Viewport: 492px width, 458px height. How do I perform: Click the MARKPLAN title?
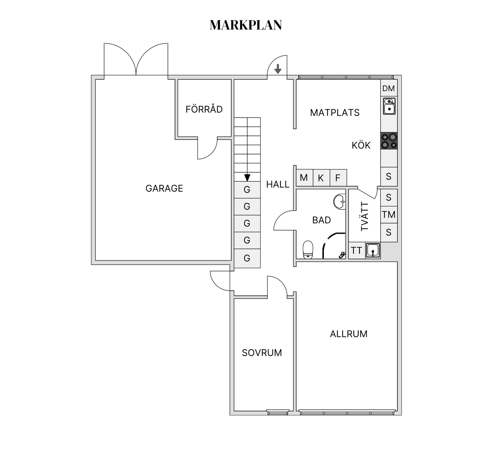click(x=246, y=25)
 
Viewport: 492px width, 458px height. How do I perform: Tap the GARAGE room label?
click(x=164, y=188)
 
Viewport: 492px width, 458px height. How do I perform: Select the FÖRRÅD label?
click(x=204, y=109)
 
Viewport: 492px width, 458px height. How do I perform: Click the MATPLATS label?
click(x=335, y=113)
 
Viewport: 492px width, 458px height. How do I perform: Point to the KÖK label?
click(x=361, y=146)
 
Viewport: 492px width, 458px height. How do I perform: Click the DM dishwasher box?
click(x=388, y=88)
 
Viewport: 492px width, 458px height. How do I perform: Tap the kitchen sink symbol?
click(x=389, y=106)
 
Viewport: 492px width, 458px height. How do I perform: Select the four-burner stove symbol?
click(x=389, y=141)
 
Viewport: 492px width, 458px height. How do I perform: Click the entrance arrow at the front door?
click(x=278, y=69)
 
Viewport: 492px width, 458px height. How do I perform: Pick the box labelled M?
click(x=304, y=178)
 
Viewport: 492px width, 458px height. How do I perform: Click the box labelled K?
click(x=321, y=178)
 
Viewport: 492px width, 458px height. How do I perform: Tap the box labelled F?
click(x=338, y=178)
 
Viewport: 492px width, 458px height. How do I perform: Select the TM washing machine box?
click(x=389, y=215)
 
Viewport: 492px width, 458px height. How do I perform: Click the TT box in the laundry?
click(x=356, y=250)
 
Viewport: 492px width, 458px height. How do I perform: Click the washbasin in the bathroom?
click(x=340, y=202)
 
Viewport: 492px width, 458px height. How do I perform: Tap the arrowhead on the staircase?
click(x=247, y=178)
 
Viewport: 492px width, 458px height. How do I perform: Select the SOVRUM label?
click(x=262, y=353)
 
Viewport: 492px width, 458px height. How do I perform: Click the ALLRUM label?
click(x=348, y=334)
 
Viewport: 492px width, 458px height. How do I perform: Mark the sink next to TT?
click(x=373, y=250)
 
